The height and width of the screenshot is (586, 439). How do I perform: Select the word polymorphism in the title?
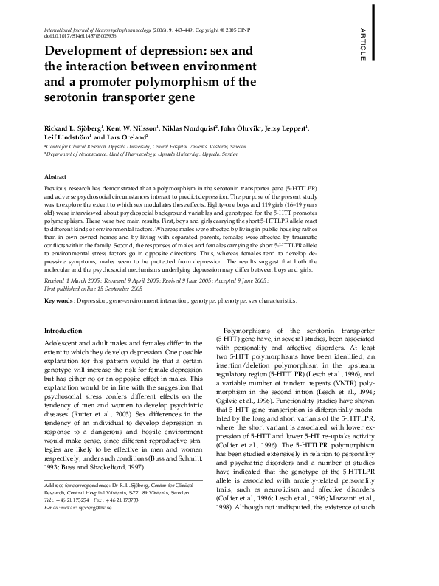pos(198,81)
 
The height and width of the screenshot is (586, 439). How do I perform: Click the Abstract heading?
pos(56,178)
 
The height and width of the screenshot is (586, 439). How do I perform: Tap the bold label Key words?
pos(58,301)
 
